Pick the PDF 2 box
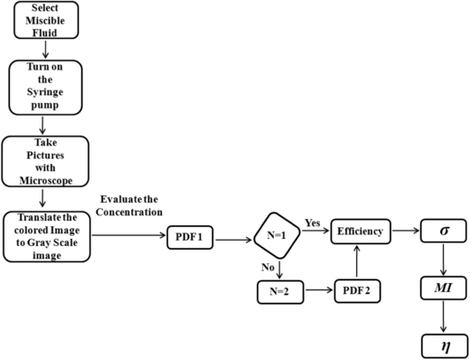tap(358, 292)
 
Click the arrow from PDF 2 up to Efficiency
tap(360, 265)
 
